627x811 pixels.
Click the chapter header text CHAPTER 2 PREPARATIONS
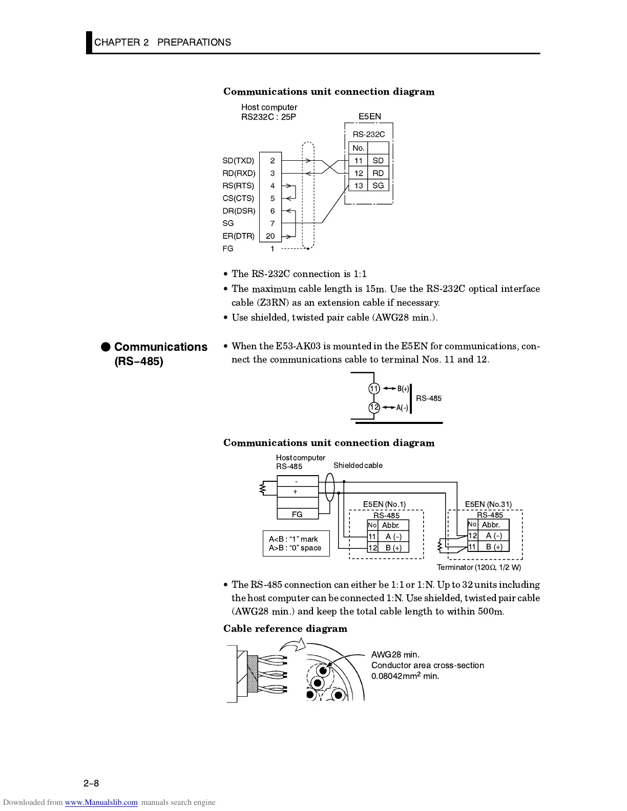click(x=162, y=42)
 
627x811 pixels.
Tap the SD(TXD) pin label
click(x=238, y=161)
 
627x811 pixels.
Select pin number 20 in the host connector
click(x=270, y=236)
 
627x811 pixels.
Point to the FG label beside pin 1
click(x=228, y=249)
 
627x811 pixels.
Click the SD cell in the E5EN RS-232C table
click(x=378, y=161)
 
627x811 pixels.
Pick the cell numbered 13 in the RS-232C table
click(x=359, y=186)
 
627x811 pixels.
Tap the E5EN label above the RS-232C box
click(x=369, y=116)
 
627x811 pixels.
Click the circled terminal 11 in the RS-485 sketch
click(x=374, y=389)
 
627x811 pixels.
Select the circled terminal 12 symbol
click(x=374, y=408)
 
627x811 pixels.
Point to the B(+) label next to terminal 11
click(x=403, y=389)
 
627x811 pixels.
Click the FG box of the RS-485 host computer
click(x=297, y=514)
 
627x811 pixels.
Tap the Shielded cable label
click(x=358, y=465)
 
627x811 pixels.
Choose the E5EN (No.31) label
click(x=488, y=504)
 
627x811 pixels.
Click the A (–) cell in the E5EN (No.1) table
click(x=393, y=537)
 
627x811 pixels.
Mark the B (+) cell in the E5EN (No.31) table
click(x=494, y=547)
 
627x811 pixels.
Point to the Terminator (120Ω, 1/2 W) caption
click(x=478, y=567)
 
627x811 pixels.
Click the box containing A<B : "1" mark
click(x=296, y=543)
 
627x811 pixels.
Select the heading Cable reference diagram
click(x=285, y=629)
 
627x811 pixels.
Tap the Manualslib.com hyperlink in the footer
click(x=101, y=802)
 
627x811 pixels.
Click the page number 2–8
click(x=91, y=783)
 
